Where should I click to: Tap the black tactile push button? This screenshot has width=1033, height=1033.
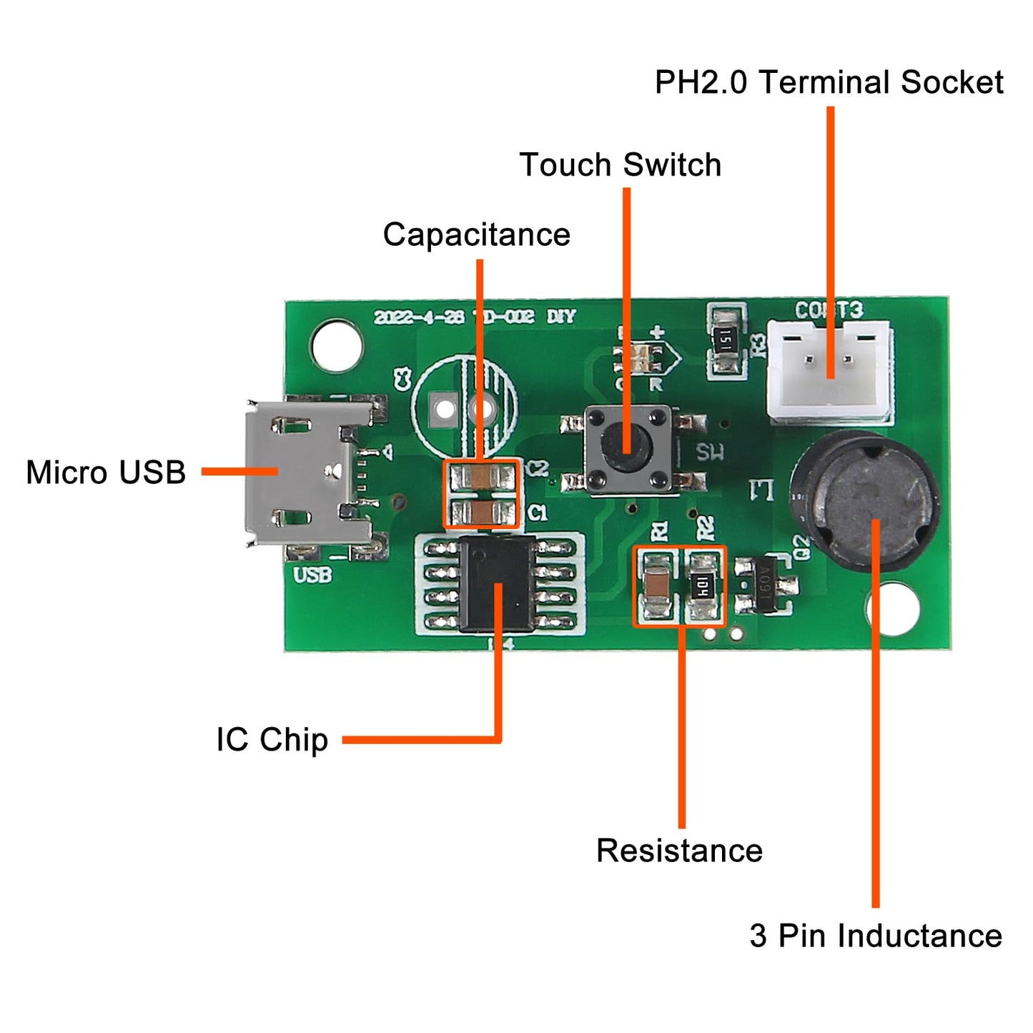coord(628,450)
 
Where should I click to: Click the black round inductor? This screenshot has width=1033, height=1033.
coord(865,500)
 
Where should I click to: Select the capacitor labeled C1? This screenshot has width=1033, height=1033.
coord(481,512)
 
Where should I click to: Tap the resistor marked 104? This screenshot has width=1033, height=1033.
coord(703,587)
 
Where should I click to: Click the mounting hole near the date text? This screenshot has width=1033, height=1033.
coord(336,346)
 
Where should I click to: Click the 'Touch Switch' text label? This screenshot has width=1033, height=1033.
coord(620,165)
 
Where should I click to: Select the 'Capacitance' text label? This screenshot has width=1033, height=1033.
coord(476,234)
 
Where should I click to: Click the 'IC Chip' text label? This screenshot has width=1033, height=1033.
coord(272,739)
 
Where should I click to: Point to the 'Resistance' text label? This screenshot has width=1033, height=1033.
coord(679,851)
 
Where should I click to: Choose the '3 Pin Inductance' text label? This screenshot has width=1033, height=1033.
coord(875,936)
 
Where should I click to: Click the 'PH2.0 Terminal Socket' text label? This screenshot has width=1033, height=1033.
coord(829,82)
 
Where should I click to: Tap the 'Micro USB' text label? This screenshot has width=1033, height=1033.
coord(106,473)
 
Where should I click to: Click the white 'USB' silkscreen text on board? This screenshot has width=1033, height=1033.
coord(312,575)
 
